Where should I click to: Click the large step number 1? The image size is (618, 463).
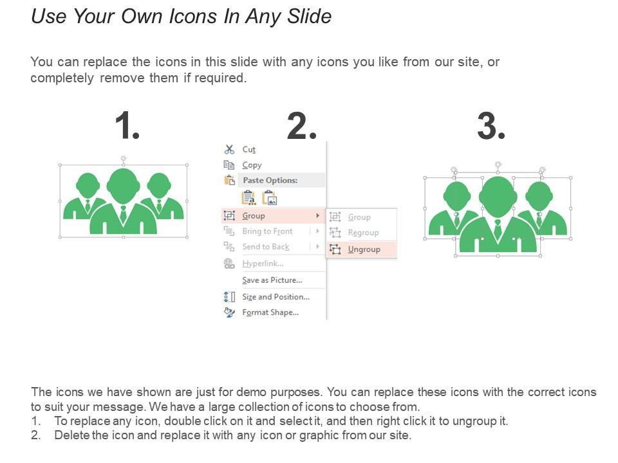pos(127,126)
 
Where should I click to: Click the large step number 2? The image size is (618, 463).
pos(301,126)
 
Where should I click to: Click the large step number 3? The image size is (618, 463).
pos(491,126)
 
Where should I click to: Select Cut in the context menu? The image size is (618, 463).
pos(248,149)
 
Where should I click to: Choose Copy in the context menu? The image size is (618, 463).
pos(252,165)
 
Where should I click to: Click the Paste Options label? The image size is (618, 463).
pos(270,181)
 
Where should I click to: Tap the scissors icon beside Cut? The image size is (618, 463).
pos(229,149)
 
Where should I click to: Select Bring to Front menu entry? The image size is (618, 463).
pos(267,232)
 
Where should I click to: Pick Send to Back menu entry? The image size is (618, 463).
pos(265,247)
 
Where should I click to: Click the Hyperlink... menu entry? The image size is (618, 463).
pos(263,264)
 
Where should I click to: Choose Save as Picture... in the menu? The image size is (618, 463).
pos(272,280)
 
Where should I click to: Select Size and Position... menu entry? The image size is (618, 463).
pos(276,297)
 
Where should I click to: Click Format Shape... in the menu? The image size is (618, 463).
pos(270,313)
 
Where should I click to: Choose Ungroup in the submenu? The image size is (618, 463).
pos(364,250)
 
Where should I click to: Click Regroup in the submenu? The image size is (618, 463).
pos(363,233)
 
